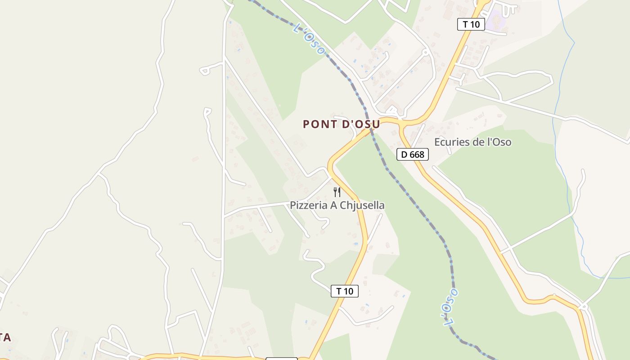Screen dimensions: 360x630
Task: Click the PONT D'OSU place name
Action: click(341, 124)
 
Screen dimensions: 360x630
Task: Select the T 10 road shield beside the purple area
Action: click(471, 24)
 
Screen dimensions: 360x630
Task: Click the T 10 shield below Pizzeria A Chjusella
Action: click(345, 291)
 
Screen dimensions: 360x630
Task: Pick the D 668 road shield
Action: click(412, 154)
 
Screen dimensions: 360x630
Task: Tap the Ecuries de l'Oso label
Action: click(472, 142)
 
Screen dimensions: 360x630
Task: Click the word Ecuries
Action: click(451, 142)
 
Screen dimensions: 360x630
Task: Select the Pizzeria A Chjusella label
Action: click(337, 206)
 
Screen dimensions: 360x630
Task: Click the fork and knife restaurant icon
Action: click(337, 192)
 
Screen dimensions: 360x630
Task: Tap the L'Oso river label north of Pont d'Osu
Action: click(309, 39)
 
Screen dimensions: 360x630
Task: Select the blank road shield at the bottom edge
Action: click(282, 359)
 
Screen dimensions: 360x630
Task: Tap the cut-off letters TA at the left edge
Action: click(5, 337)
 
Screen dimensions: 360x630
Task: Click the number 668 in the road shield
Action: click(417, 154)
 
